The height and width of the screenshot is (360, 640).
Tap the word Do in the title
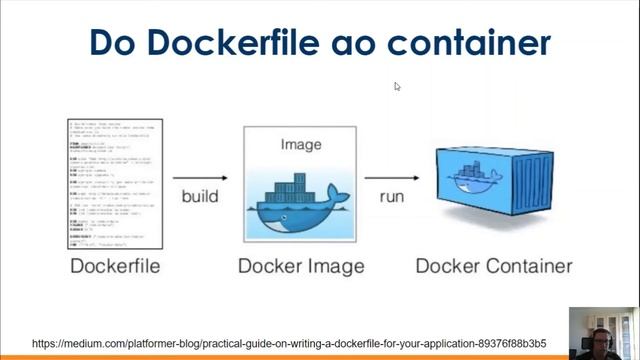(112, 43)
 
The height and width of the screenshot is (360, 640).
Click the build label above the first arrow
(200, 196)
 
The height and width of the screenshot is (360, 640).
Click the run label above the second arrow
(392, 196)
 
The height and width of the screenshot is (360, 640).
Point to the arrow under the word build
(200, 214)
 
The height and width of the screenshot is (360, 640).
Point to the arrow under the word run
(391, 214)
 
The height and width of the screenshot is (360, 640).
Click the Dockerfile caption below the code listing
(115, 267)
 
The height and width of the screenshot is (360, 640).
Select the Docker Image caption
(301, 267)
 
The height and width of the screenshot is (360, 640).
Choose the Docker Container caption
(494, 267)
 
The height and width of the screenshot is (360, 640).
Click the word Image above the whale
(301, 145)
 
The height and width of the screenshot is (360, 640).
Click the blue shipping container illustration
(495, 190)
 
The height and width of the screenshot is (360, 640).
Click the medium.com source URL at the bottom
(289, 344)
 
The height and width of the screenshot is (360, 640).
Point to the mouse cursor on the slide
(397, 87)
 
